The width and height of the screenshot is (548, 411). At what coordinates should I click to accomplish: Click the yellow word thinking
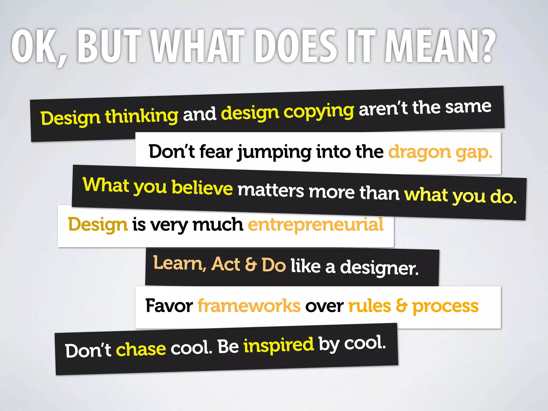coord(142,116)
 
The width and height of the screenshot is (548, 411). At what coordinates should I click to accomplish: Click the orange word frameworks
coord(249,306)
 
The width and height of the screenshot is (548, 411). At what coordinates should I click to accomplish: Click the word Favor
coord(169,306)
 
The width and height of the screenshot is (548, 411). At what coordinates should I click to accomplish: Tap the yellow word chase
coord(141,349)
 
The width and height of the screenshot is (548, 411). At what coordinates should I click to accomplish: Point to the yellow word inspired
coord(278,345)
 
